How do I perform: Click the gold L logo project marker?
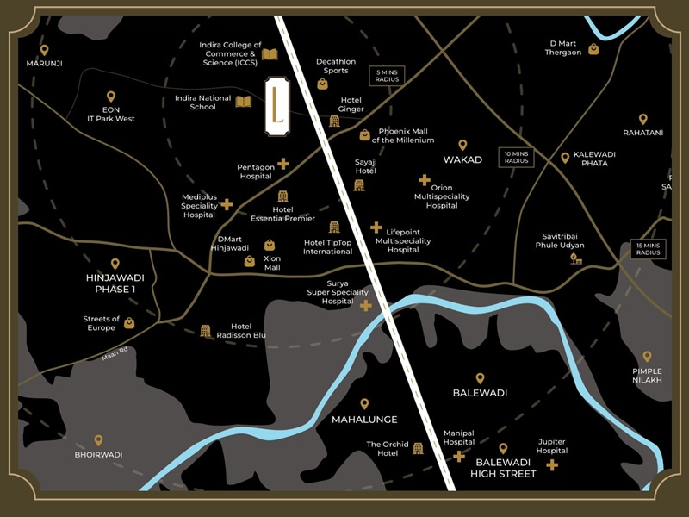coord(276,105)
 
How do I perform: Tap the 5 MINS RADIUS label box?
coord(387,76)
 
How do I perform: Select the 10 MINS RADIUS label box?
coord(516,158)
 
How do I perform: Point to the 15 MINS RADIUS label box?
coord(648,249)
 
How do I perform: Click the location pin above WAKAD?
coord(462,145)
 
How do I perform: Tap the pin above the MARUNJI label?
coord(44,50)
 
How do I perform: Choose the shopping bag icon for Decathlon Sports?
coord(322,84)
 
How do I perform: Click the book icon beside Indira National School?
coord(244,102)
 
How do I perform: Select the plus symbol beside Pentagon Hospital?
coord(283,164)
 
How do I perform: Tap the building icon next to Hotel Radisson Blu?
coord(205,331)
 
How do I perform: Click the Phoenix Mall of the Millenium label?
coord(403,135)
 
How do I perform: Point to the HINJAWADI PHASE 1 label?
coord(115,283)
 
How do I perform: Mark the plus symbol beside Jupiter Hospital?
coord(552,464)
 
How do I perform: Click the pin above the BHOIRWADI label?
coord(98,440)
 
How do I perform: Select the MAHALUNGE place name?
coord(364,420)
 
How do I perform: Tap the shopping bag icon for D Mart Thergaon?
coord(593,49)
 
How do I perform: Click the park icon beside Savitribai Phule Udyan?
coord(576,258)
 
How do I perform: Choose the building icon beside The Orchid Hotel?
coord(419,448)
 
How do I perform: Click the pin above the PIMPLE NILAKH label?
coord(647,356)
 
